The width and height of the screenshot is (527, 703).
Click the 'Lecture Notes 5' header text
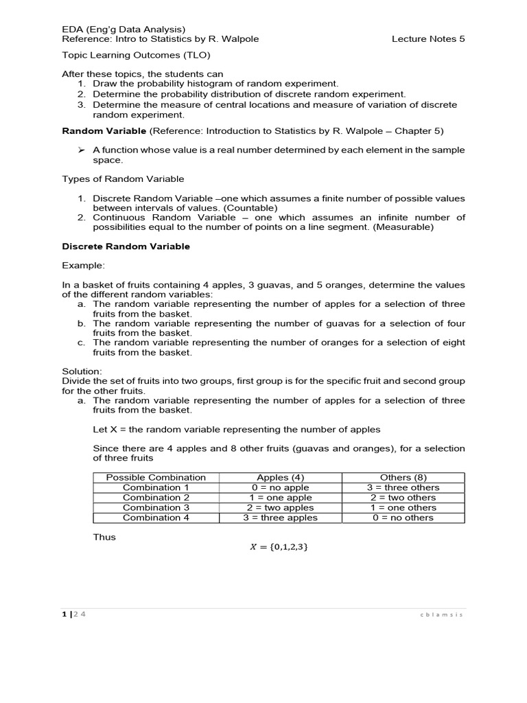pyautogui.click(x=428, y=39)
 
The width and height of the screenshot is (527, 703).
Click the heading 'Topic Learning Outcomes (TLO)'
pyautogui.click(x=137, y=56)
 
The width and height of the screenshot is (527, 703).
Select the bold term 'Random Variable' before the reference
pyautogui.click(x=104, y=130)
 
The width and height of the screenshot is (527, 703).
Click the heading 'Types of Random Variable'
pyautogui.click(x=123, y=179)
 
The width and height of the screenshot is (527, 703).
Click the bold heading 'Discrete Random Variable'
pyautogui.click(x=126, y=246)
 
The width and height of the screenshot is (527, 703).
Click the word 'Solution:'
pyautogui.click(x=82, y=371)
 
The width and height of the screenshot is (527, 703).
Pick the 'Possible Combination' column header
pyautogui.click(x=156, y=477)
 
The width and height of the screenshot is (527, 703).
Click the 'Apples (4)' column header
pyautogui.click(x=280, y=477)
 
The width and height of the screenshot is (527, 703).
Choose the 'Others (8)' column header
pyautogui.click(x=403, y=477)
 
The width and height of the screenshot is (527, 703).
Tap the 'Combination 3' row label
pyautogui.click(x=156, y=507)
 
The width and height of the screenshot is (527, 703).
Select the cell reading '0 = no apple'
pyautogui.click(x=280, y=487)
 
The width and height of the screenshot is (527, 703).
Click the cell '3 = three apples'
pyautogui.click(x=280, y=518)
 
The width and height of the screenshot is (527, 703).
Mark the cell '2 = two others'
pyautogui.click(x=403, y=498)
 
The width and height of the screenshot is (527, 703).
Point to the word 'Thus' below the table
pyautogui.click(x=104, y=538)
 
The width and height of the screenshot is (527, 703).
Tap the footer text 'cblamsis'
pyautogui.click(x=441, y=615)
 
